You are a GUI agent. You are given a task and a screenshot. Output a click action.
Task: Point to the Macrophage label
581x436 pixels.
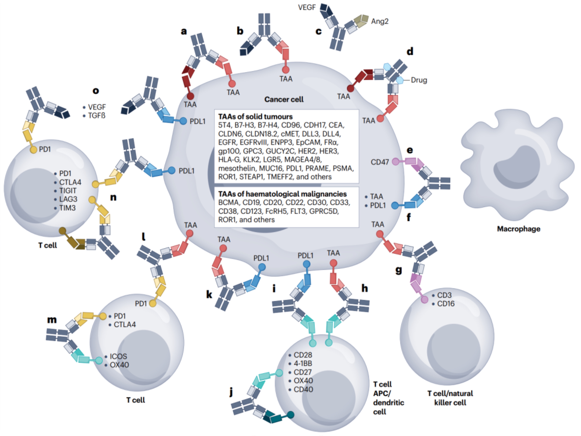[x=519, y=229]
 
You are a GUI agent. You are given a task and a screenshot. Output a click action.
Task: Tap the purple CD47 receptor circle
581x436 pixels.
[x=395, y=162]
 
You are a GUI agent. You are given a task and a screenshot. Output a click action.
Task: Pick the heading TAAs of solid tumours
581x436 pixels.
[x=255, y=117]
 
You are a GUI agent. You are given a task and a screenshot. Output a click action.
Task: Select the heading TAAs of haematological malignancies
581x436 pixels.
[x=282, y=194]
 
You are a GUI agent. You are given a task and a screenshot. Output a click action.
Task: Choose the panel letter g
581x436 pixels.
[x=398, y=270]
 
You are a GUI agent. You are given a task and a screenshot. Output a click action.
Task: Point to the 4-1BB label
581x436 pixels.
[x=303, y=363]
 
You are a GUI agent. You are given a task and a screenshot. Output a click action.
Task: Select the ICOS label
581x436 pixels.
[x=118, y=356]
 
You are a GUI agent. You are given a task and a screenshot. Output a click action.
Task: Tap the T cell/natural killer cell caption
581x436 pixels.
[x=450, y=398]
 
